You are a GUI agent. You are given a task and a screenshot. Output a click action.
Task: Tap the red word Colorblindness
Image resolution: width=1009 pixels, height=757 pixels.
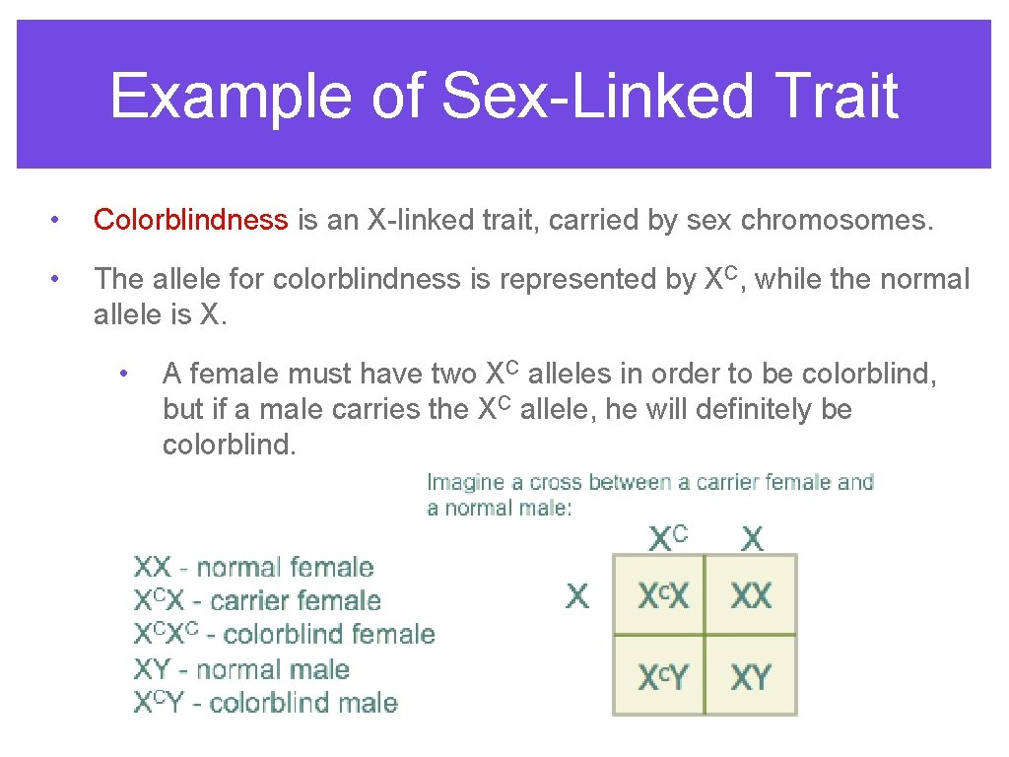click(191, 220)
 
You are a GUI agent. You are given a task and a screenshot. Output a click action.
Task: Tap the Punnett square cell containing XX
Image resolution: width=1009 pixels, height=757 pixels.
click(751, 595)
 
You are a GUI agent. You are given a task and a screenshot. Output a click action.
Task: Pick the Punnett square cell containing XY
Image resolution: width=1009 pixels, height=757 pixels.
click(751, 676)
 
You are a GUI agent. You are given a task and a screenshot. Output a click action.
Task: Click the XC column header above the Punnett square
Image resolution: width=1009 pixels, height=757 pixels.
click(667, 538)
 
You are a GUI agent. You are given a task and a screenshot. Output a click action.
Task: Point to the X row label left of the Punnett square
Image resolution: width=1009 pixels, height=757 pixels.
click(577, 595)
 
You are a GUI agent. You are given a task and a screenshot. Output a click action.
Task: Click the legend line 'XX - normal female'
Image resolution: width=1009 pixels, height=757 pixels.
click(253, 568)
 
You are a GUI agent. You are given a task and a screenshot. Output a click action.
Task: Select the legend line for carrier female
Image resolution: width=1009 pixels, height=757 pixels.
click(257, 600)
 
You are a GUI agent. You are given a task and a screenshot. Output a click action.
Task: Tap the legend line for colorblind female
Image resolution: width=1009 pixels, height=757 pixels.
click(284, 634)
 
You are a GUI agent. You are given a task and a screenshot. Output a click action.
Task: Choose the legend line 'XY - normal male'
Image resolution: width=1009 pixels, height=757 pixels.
click(241, 669)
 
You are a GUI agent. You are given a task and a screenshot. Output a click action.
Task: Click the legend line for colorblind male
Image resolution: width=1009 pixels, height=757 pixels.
click(265, 703)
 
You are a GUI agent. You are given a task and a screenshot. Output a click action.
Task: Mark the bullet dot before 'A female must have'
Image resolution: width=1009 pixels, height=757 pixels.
click(123, 373)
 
